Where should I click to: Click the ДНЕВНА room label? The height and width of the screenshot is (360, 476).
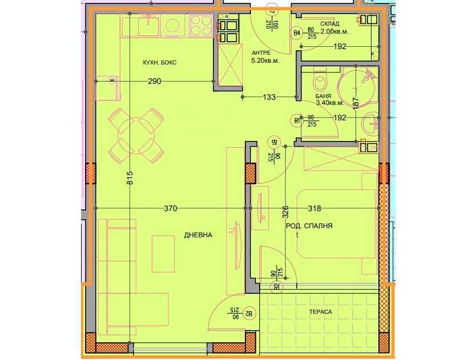tap(198, 234)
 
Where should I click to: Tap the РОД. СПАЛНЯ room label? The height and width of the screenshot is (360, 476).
tap(309, 226)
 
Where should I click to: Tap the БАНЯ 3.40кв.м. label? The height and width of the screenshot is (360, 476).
tap(329, 99)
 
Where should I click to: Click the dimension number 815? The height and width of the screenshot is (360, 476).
tap(130, 182)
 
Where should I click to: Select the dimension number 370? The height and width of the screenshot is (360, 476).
tap(170, 209)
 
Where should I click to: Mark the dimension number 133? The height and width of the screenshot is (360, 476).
tap(269, 98)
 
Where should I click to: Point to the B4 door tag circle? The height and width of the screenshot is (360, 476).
tap(297, 33)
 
